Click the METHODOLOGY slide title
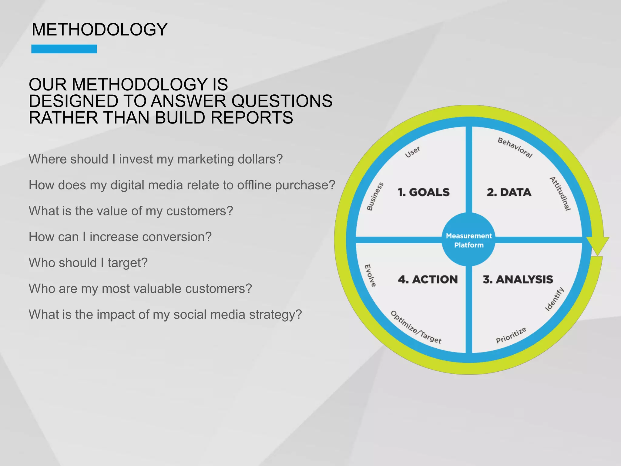pyautogui.click(x=99, y=30)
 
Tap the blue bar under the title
pyautogui.click(x=64, y=49)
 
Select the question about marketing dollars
pyautogui.click(x=156, y=159)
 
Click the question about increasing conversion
pyautogui.click(x=120, y=237)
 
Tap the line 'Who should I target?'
pyautogui.click(x=88, y=263)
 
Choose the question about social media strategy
pyautogui.click(x=165, y=315)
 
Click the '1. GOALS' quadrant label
pyautogui.click(x=424, y=192)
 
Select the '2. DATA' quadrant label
pyautogui.click(x=509, y=192)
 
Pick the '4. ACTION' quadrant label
pyautogui.click(x=428, y=279)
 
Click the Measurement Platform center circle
pyautogui.click(x=469, y=240)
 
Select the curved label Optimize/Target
pyautogui.click(x=416, y=327)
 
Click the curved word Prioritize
pyautogui.click(x=511, y=336)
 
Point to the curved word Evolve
pyautogui.click(x=370, y=275)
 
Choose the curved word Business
pyautogui.click(x=375, y=197)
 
